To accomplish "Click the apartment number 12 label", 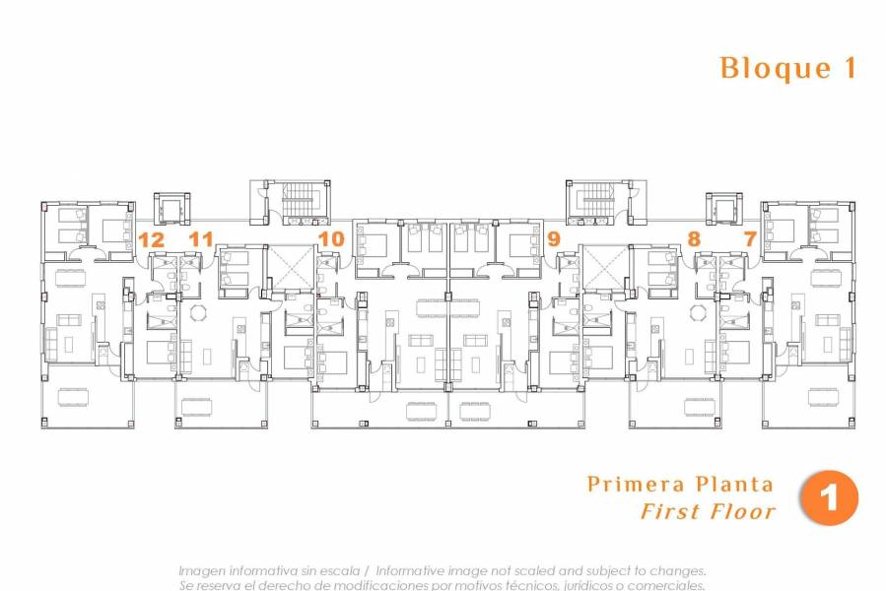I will (151, 238).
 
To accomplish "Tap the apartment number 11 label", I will (201, 238).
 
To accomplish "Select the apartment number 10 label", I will (331, 238).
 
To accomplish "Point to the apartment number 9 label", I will (553, 238).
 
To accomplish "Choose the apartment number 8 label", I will (694, 238).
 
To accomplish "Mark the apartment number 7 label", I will (750, 238).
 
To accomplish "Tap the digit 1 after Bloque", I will (849, 68).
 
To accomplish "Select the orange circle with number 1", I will (829, 497).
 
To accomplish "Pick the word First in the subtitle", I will (669, 511).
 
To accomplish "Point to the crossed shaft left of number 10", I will (291, 267).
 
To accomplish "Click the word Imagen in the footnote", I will (202, 571).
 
